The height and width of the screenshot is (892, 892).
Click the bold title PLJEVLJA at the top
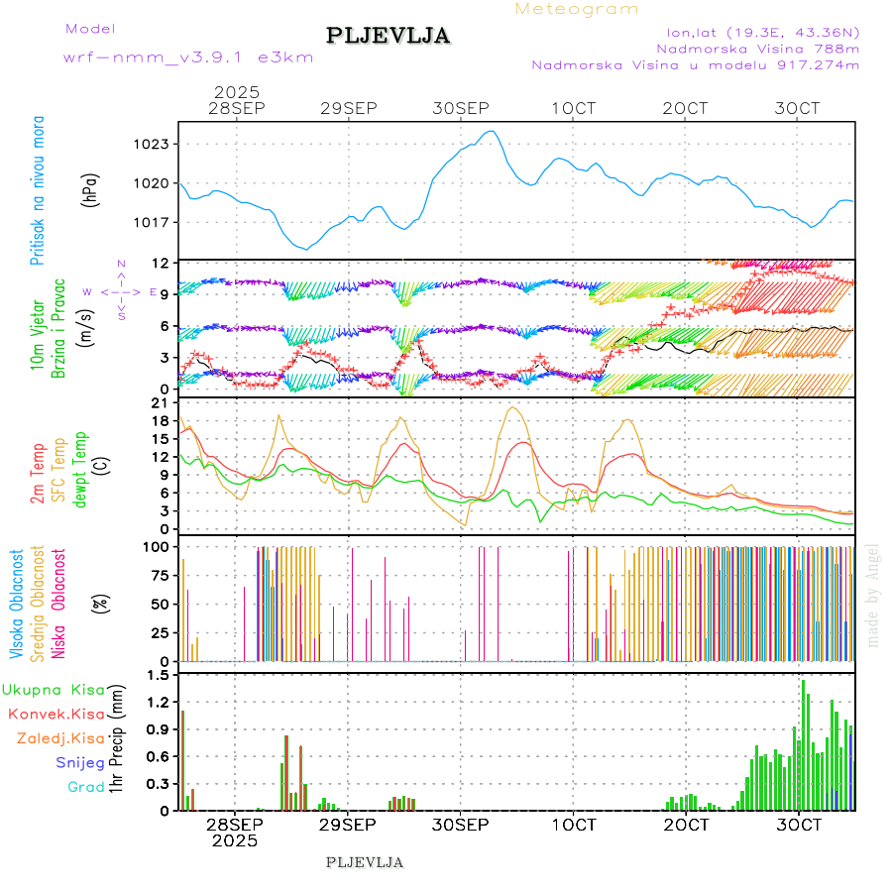(389, 36)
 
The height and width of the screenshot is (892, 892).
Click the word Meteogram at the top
(577, 9)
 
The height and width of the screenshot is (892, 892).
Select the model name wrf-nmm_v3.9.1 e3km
(188, 56)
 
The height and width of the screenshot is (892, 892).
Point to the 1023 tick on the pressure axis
(154, 144)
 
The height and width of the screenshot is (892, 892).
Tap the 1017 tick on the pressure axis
(154, 221)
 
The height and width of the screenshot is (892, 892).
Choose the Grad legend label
(86, 787)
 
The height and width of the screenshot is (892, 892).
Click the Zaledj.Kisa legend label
(60, 738)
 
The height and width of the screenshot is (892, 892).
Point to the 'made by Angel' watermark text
(873, 595)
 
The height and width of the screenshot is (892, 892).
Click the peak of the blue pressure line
(491, 131)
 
